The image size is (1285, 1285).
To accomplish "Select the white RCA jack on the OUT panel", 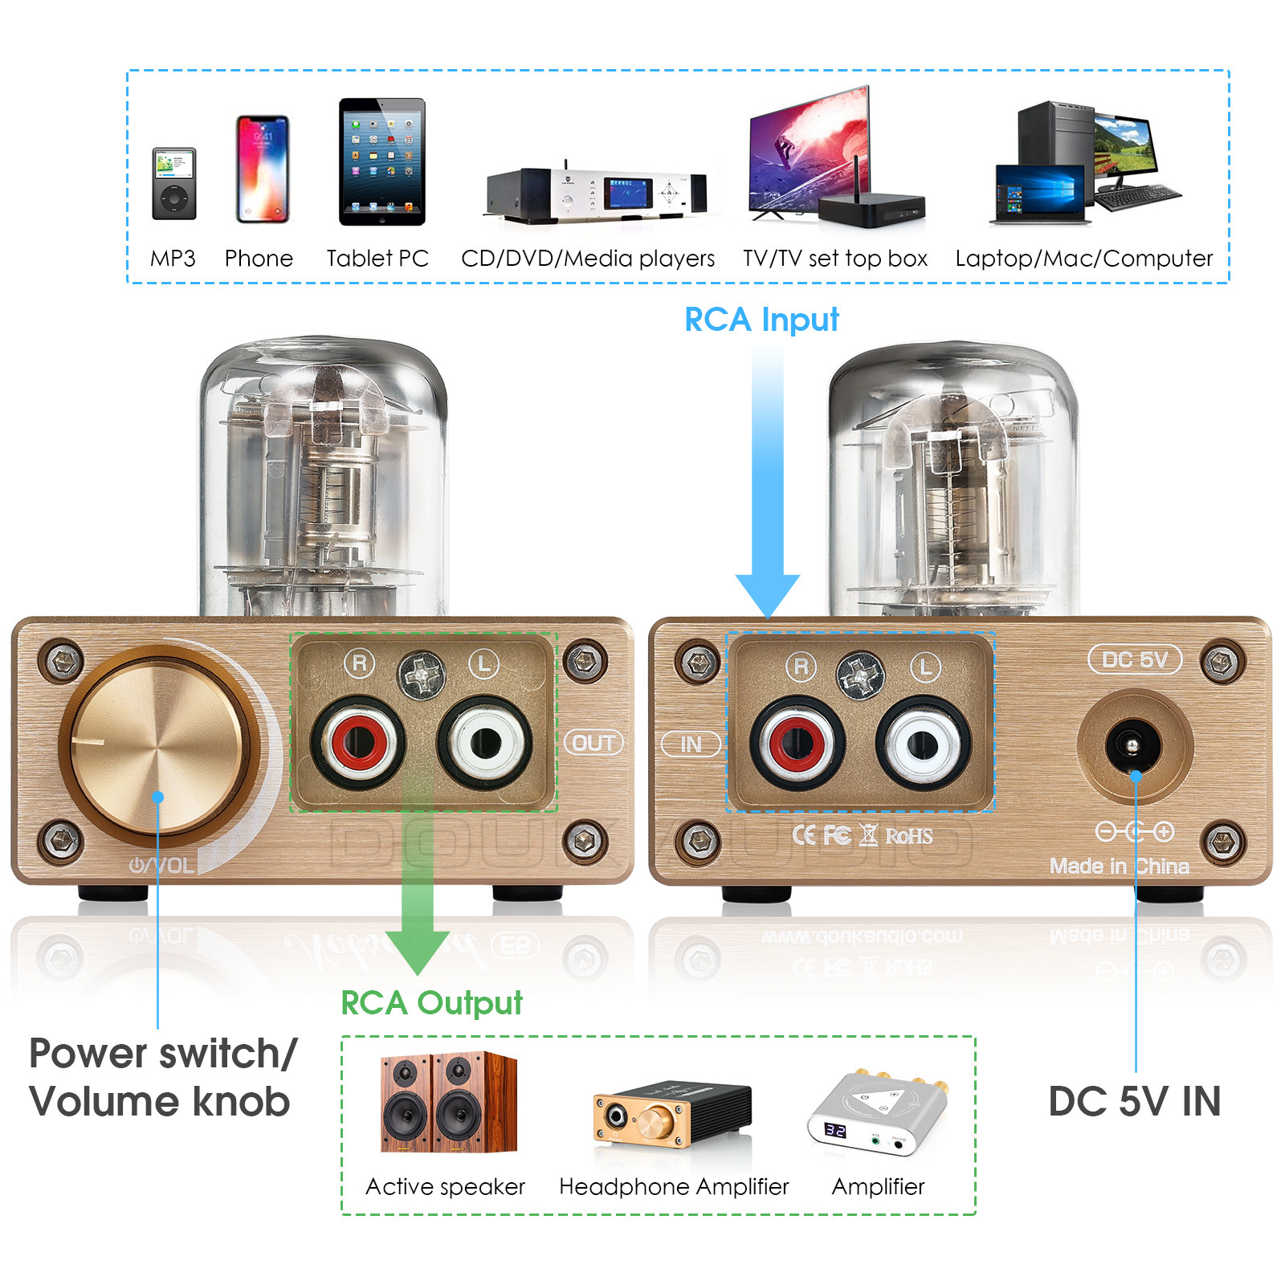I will pyautogui.click(x=485, y=742).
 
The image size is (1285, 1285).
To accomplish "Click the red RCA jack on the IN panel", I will pyautogui.click(x=797, y=744).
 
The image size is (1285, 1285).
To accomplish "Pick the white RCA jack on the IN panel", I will pyautogui.click(x=924, y=744).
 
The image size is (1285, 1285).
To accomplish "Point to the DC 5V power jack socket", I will pyautogui.click(x=1132, y=746).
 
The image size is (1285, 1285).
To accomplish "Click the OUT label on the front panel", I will pyautogui.click(x=594, y=743).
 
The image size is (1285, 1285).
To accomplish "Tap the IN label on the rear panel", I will pyautogui.click(x=691, y=744).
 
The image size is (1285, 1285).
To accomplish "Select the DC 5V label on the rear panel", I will pyautogui.click(x=1135, y=660).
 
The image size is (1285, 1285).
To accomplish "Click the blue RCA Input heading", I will pyautogui.click(x=761, y=320).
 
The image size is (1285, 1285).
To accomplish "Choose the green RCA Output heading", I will pyautogui.click(x=431, y=1003).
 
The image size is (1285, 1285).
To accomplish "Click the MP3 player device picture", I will pyautogui.click(x=174, y=184).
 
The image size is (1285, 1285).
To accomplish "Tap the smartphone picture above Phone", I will pyautogui.click(x=262, y=169).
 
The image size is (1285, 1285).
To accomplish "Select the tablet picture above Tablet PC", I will pyautogui.click(x=381, y=161).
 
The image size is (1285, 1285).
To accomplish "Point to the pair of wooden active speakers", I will pyautogui.click(x=448, y=1102).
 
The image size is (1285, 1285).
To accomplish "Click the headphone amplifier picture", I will pyautogui.click(x=671, y=1112).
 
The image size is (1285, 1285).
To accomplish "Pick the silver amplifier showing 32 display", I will pyautogui.click(x=878, y=1112).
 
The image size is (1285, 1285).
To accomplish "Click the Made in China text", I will pyautogui.click(x=1119, y=867).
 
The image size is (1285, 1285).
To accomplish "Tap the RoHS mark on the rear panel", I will pyautogui.click(x=908, y=836).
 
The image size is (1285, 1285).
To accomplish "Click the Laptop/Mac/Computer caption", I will pyautogui.click(x=1083, y=259).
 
